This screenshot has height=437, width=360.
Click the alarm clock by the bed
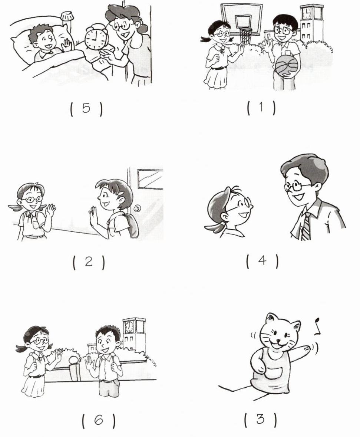click(x=95, y=38)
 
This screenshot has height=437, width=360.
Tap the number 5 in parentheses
click(x=86, y=108)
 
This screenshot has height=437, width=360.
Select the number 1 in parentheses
click(x=261, y=107)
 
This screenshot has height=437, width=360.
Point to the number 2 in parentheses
click(x=89, y=262)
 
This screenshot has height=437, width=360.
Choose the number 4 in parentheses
click(x=262, y=260)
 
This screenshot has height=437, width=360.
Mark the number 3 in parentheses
click(x=260, y=419)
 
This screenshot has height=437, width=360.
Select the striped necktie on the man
click(x=305, y=226)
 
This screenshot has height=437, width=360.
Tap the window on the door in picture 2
click(x=150, y=180)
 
